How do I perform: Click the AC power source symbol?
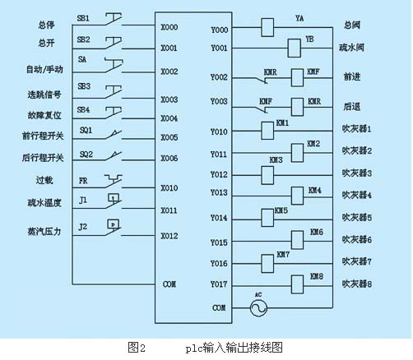click(258, 307)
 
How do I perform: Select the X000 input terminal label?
click(169, 27)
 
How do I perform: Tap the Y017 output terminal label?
click(219, 284)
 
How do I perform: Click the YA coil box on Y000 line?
click(267, 27)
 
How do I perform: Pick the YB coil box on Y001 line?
click(294, 48)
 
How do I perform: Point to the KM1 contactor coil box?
click(267, 131)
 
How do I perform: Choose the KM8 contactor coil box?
click(297, 284)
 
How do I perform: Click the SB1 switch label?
click(83, 18)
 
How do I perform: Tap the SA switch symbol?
click(114, 66)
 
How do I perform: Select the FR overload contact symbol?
click(114, 181)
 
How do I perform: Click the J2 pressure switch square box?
click(114, 224)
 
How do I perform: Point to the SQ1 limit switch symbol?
click(113, 135)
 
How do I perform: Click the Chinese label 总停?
click(46, 25)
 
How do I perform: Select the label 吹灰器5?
click(357, 218)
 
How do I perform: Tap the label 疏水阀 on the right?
click(351, 48)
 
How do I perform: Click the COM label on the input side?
click(169, 284)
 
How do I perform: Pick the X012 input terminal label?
click(169, 236)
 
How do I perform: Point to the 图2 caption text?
click(137, 348)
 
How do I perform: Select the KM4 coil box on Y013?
click(297, 196)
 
